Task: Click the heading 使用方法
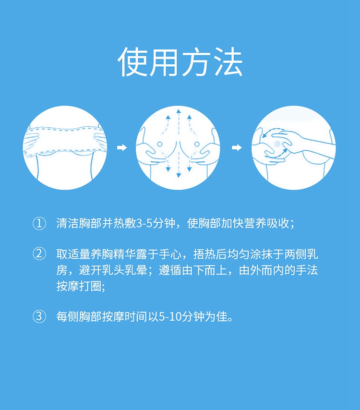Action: click(180, 62)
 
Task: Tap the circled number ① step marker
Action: click(39, 224)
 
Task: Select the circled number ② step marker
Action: click(39, 254)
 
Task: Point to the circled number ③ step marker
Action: click(39, 316)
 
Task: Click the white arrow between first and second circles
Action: click(122, 148)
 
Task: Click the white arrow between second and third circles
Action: click(237, 148)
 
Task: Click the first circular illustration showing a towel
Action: click(65, 148)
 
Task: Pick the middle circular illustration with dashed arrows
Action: click(178, 148)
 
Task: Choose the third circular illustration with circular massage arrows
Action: click(294, 148)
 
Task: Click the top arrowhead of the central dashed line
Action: click(179, 111)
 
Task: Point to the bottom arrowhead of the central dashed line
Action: click(179, 175)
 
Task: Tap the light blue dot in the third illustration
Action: click(277, 143)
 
